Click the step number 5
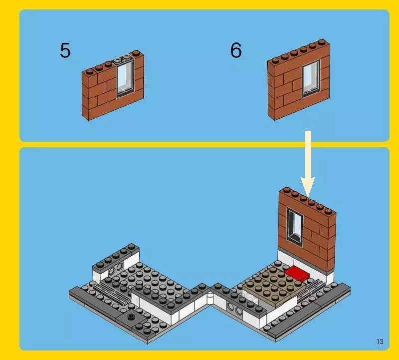tap(65, 50)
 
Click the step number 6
tap(236, 50)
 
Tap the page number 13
tap(380, 342)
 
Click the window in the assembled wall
tap(295, 227)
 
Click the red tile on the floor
tap(297, 272)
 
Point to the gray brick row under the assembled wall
tap(306, 251)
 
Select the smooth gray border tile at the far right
tap(344, 290)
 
